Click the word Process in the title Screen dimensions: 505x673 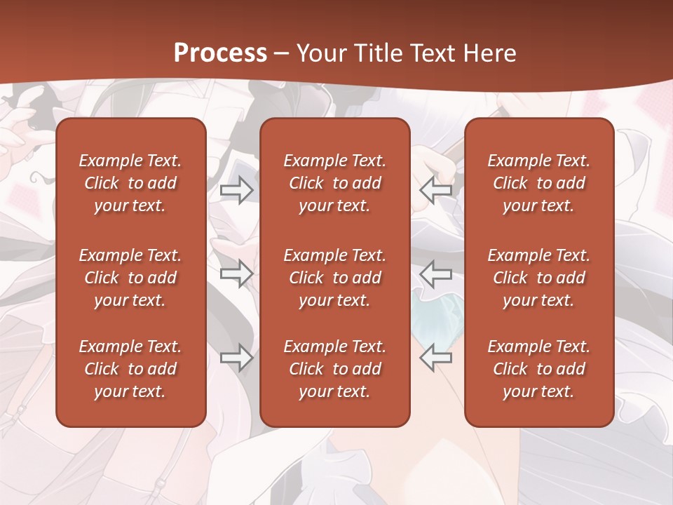click(x=220, y=53)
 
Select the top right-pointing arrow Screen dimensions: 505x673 click(x=237, y=190)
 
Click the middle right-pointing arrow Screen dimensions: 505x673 click(x=237, y=274)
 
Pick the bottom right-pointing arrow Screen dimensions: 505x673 click(x=237, y=358)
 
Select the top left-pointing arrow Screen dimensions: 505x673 click(x=435, y=190)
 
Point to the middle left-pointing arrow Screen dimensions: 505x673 click(x=435, y=274)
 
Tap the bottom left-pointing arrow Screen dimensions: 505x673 click(x=435, y=358)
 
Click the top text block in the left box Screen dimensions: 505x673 click(x=130, y=183)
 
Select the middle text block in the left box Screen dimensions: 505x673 click(x=130, y=278)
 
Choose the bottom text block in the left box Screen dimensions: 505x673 click(x=130, y=369)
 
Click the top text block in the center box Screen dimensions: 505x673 click(x=335, y=183)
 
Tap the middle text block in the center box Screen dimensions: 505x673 click(x=335, y=278)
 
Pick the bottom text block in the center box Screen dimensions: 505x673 click(x=335, y=369)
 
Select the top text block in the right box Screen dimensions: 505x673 click(x=539, y=183)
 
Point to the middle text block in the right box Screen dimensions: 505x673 click(x=539, y=278)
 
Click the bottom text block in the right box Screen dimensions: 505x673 click(x=539, y=369)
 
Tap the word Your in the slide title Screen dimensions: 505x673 click(x=320, y=53)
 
